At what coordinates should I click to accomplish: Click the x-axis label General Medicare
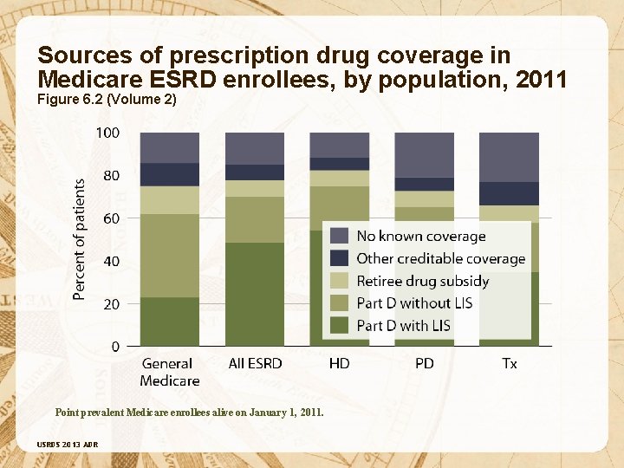(169, 372)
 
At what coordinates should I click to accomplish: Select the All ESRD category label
(255, 364)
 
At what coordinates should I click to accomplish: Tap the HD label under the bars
(340, 364)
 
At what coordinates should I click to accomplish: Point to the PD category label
(424, 364)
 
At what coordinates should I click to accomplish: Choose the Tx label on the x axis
(509, 364)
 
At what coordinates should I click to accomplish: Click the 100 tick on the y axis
(108, 133)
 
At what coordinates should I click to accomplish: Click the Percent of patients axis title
(80, 240)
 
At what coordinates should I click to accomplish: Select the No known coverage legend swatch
(340, 236)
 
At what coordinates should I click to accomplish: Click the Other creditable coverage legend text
(440, 258)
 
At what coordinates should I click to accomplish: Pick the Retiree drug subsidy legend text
(422, 281)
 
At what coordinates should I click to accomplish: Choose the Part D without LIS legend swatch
(340, 303)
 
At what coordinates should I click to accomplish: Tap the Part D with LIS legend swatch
(340, 326)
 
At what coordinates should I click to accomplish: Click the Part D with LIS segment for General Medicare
(169, 322)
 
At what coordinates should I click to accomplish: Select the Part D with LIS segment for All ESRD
(255, 294)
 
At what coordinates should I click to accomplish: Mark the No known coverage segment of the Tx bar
(509, 157)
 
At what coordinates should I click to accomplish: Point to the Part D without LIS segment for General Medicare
(169, 256)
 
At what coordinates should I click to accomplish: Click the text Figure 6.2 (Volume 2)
(107, 100)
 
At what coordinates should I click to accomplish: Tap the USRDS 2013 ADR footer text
(67, 444)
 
